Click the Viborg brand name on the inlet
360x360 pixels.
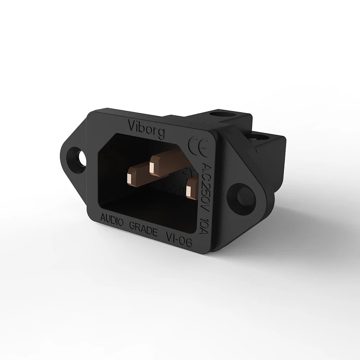(x=147, y=129)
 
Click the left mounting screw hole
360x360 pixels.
(x=80, y=158)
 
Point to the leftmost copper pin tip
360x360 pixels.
(x=129, y=179)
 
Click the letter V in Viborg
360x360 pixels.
(x=132, y=126)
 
